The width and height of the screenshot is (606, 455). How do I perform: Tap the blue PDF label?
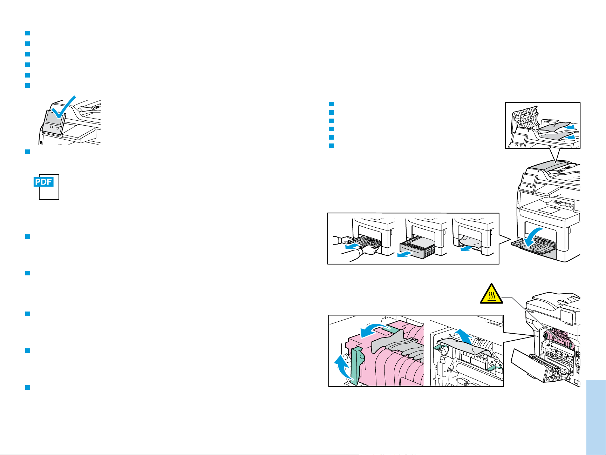pos(43,182)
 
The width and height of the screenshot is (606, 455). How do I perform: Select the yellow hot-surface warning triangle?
pos(491,294)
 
